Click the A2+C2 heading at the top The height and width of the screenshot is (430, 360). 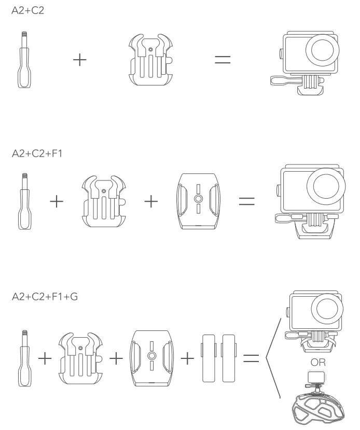point(28,10)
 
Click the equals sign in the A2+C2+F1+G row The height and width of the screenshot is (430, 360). point(251,358)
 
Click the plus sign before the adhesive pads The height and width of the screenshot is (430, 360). point(187,358)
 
